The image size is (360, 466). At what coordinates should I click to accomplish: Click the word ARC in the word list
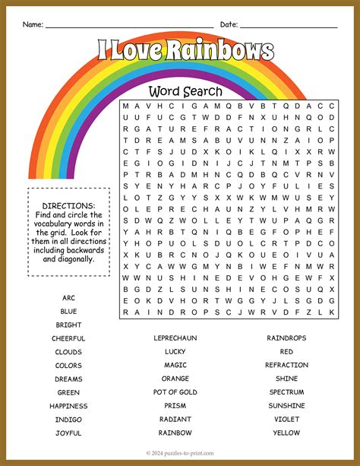coord(68,297)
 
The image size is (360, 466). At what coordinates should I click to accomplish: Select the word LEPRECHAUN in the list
coord(175,338)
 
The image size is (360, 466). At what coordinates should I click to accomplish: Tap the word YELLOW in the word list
coord(286,433)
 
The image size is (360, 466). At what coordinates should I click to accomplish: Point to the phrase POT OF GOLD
coord(175,392)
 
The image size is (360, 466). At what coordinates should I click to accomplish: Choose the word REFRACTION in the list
coord(286,365)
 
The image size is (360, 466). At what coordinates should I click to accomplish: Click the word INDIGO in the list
coord(68,419)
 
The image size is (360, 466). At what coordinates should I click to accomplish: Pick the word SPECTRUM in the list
coord(286,392)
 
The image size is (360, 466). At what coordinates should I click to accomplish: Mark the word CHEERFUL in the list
coord(68,338)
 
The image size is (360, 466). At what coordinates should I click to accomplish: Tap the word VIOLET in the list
coord(286,419)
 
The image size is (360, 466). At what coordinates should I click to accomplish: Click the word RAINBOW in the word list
coord(175,433)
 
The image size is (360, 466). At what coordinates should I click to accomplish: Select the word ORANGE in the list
coord(175,379)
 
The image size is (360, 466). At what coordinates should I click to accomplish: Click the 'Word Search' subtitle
coord(185,91)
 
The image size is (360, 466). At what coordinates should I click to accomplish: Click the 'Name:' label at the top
coord(33,24)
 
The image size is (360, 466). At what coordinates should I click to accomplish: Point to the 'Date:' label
coord(229,24)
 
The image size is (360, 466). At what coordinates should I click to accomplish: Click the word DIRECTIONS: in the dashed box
coord(68,206)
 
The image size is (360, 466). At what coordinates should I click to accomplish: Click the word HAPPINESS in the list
coord(68,405)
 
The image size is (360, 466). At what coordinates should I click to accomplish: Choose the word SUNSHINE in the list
coord(286,405)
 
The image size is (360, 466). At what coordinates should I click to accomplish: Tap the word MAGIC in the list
coord(175,365)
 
